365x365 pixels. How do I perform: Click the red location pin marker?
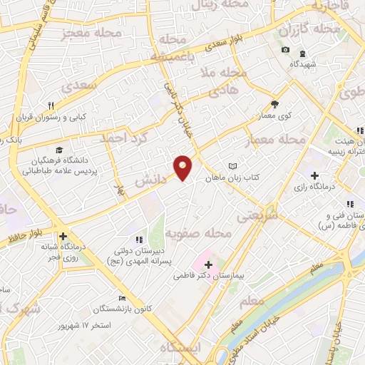pos(184,167)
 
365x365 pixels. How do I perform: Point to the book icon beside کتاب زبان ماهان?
pos(232,167)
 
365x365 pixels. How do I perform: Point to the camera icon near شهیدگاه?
pos(285,49)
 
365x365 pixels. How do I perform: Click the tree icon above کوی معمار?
pos(274,105)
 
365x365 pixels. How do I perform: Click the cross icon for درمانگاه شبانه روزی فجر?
pos(63,236)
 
